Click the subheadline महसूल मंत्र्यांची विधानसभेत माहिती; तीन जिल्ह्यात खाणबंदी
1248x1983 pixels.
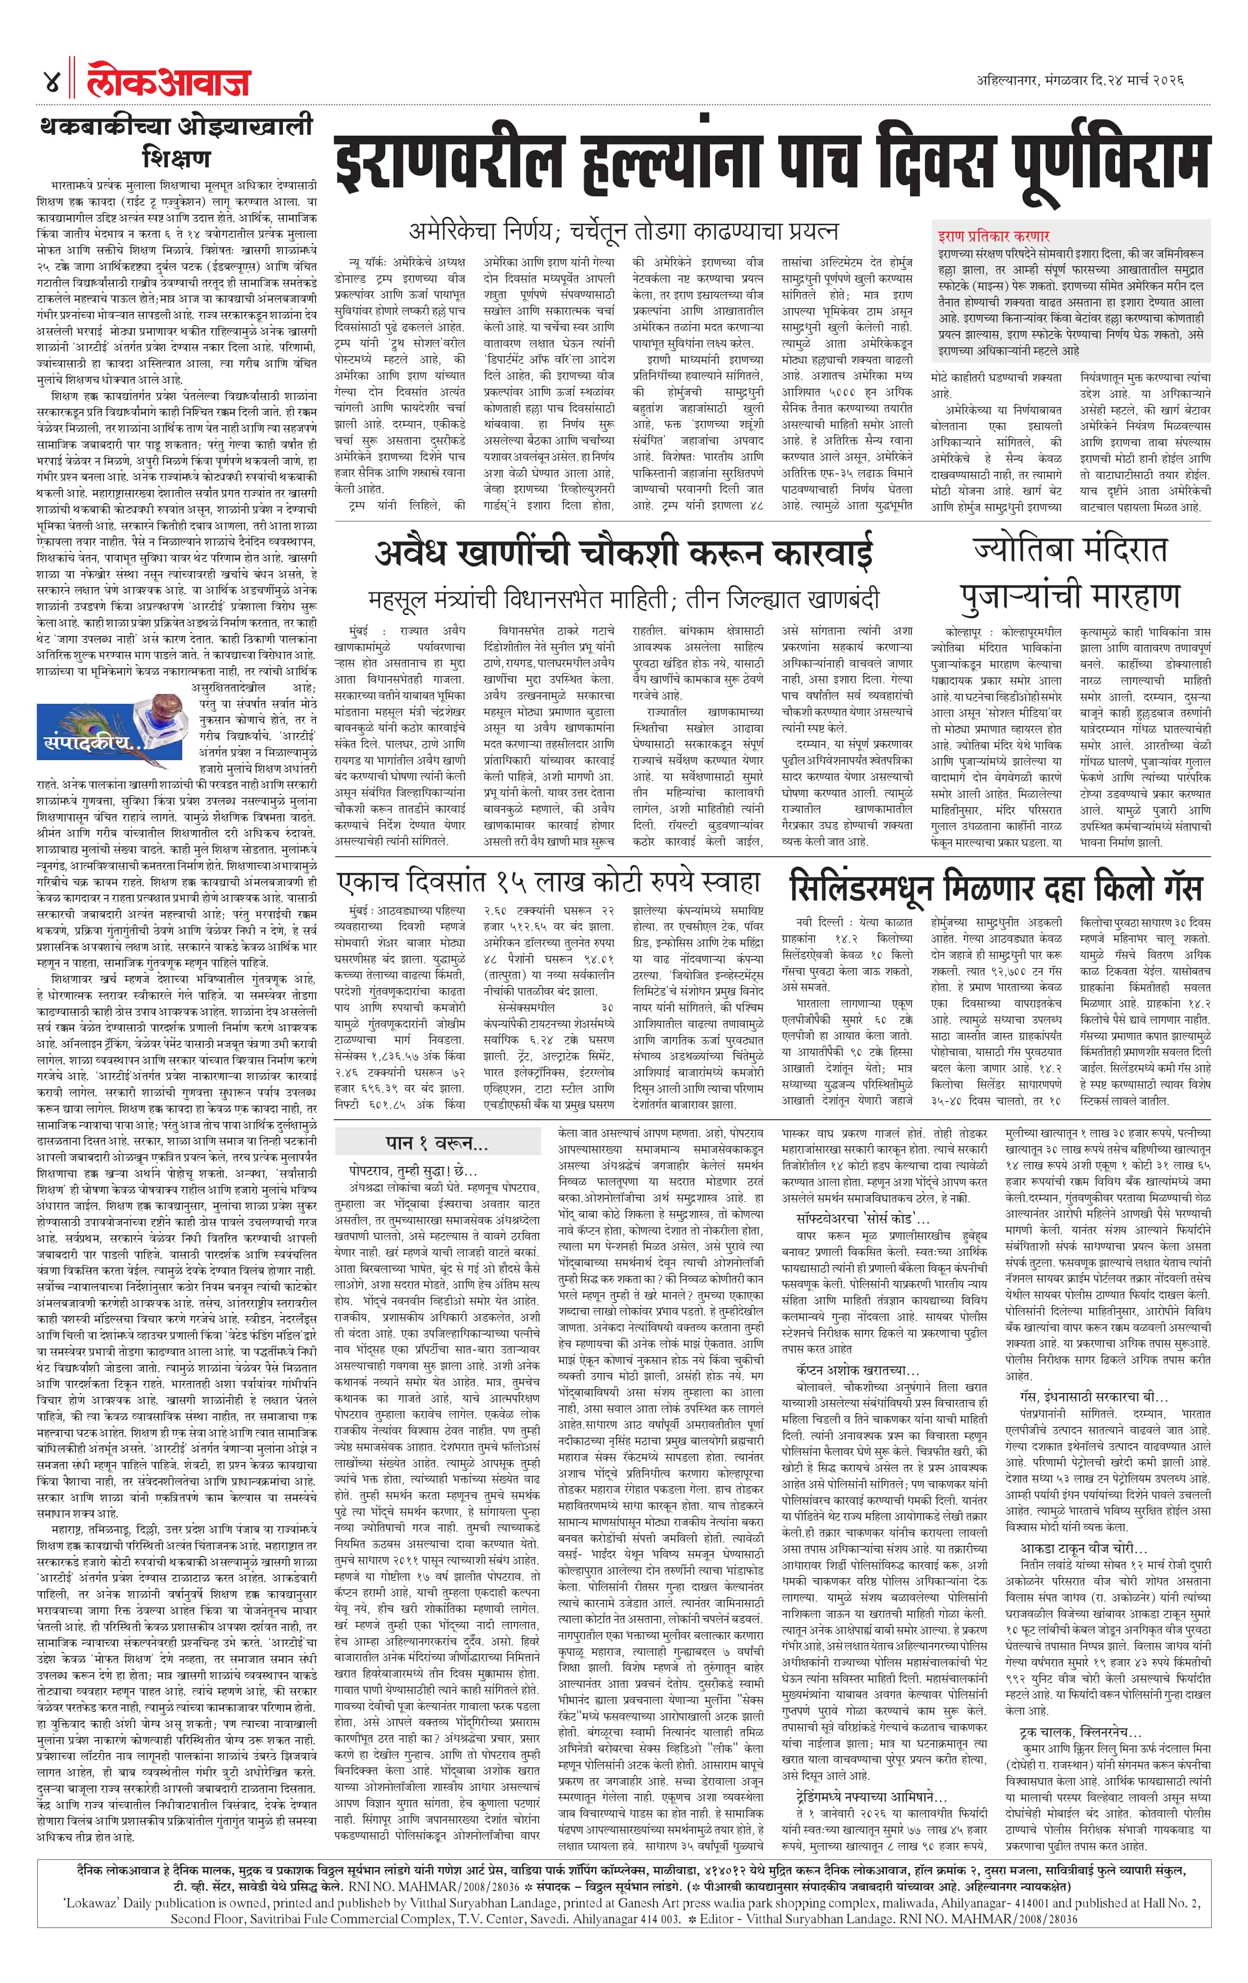tap(623, 598)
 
